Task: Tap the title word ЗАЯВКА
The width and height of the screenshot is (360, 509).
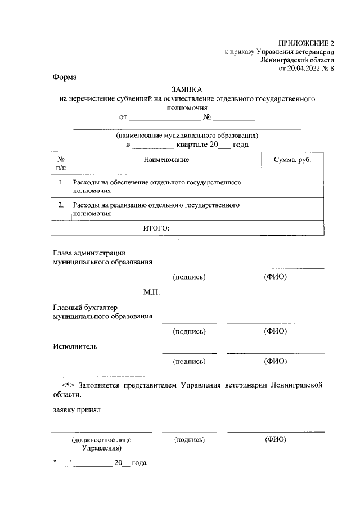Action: [x=187, y=89]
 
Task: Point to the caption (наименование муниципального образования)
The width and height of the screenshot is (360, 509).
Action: [x=187, y=136]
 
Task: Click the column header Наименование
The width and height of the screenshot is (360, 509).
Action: [x=166, y=160]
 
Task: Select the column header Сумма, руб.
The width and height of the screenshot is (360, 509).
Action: [x=292, y=160]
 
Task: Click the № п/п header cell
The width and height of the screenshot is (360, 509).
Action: [x=61, y=164]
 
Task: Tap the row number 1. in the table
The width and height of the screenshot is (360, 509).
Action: [x=61, y=183]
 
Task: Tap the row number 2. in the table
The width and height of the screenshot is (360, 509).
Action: [x=61, y=205]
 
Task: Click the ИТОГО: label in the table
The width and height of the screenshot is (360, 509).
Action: [x=155, y=228]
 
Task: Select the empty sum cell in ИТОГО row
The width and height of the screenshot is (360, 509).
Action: [x=292, y=228]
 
